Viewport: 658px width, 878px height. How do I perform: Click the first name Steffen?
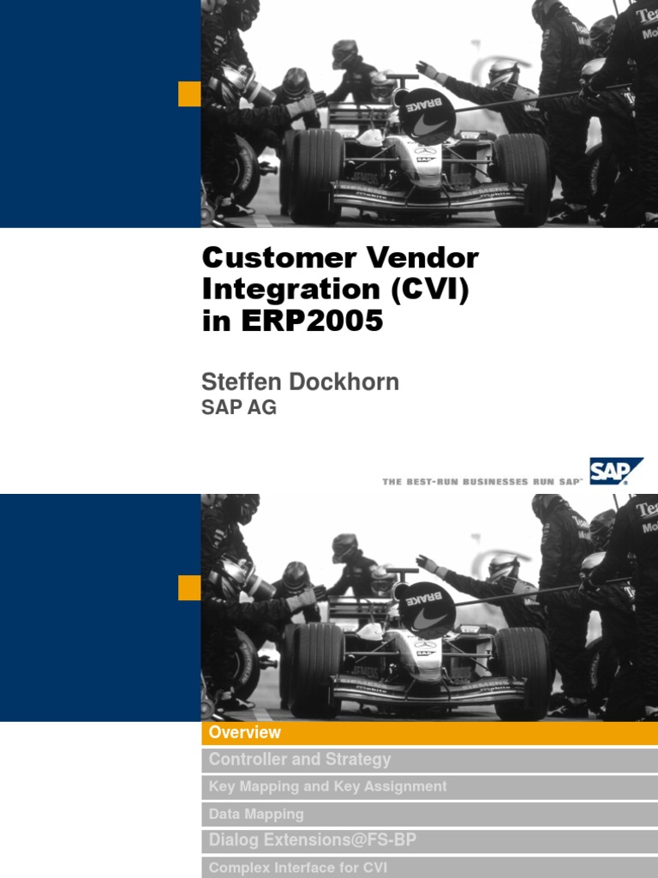(x=240, y=382)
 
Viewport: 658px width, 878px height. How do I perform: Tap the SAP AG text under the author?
(x=239, y=408)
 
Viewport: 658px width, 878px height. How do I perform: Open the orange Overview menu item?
(x=245, y=732)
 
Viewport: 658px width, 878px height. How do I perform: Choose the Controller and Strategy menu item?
(x=300, y=759)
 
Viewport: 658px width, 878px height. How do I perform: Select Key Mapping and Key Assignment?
(x=328, y=786)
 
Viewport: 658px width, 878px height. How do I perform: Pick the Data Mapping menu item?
(x=256, y=814)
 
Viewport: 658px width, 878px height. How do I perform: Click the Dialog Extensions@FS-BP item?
(x=312, y=840)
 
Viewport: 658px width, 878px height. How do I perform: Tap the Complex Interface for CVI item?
(x=298, y=867)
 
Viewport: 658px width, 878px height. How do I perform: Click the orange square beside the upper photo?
(x=189, y=93)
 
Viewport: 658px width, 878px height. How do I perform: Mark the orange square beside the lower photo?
(x=189, y=587)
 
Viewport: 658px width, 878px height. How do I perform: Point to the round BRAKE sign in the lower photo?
(x=427, y=604)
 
